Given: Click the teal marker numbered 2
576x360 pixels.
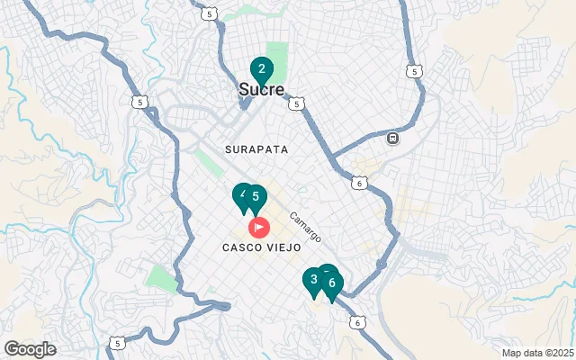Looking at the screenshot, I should pos(261,68).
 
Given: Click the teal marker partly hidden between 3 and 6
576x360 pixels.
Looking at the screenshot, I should pos(326,272).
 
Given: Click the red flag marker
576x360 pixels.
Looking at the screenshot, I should pos(258,227).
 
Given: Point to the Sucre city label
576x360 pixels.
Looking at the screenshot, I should pos(261,90).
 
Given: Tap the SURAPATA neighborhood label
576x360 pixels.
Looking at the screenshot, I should pos(256,149).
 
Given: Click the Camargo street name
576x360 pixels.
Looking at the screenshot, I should pos(305,225).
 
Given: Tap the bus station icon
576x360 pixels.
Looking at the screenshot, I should pos(392,139).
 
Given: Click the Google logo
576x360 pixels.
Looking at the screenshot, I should pos(30,348).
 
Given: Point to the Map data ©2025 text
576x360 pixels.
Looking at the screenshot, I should pos(537,353).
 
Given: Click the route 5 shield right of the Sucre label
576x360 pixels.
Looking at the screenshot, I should pos(296,104).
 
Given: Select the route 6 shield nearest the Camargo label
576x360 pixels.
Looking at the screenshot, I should pos(359,184).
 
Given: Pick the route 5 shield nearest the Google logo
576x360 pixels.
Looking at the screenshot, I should pos(117,342).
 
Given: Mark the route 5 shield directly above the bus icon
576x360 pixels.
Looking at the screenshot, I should pos(413,71).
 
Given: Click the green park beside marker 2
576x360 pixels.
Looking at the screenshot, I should pos(277,58).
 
